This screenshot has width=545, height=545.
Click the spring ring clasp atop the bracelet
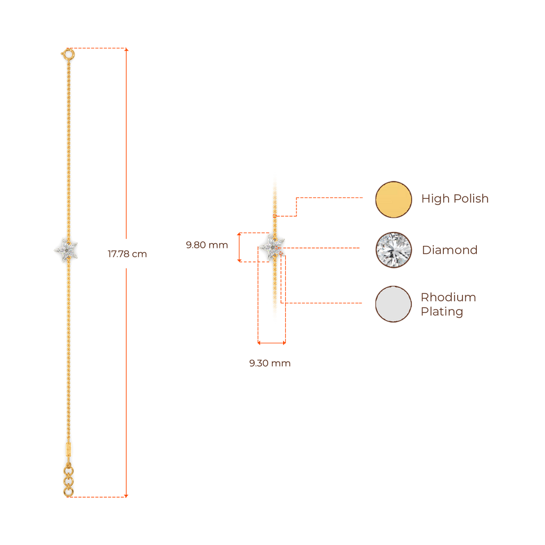pos(68,54)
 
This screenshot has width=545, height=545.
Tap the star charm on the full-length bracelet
pos(67,249)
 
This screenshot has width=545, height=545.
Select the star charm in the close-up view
pos(272,247)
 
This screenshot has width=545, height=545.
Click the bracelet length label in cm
pos(127,254)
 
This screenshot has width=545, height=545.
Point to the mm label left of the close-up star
pos(207,245)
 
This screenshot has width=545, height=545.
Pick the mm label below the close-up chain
pos(270,364)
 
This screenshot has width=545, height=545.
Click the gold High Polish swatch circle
pos(394,199)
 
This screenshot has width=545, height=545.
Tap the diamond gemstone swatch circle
pos(394,250)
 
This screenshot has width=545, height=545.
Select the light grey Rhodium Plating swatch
pos(394,304)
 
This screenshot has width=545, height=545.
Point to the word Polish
pos(470,199)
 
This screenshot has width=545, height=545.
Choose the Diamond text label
pos(450,250)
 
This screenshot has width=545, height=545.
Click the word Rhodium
pos(449,297)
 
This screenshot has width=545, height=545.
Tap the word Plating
pos(442,311)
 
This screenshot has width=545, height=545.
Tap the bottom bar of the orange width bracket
pos(272,343)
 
